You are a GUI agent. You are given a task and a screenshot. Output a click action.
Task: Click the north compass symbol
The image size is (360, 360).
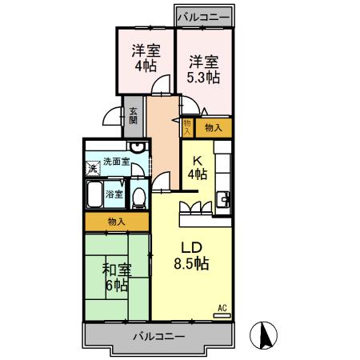tap(263, 335)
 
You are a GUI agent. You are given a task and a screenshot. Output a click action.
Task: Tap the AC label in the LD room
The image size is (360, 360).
tap(222, 308)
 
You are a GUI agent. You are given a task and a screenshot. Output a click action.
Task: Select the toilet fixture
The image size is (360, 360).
tap(139, 198)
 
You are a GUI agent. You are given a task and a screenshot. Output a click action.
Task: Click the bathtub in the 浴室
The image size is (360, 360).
tap(94, 194)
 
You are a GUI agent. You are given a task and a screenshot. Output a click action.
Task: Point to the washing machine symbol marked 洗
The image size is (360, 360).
tap(93, 168)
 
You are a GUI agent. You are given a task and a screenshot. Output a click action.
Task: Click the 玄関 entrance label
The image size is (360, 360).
tap(133, 116)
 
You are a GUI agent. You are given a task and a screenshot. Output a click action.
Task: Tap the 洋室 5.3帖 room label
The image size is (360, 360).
tap(203, 70)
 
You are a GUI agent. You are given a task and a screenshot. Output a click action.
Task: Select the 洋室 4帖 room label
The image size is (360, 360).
tap(146, 58)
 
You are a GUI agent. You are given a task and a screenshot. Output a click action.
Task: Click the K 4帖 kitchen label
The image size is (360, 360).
tap(198, 168)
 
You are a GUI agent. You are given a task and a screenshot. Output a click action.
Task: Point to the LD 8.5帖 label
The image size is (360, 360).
tap(191, 256)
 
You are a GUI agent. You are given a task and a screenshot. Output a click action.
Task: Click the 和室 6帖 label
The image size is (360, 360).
tap(117, 278)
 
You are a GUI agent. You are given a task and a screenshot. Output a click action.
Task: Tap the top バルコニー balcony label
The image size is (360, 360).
tap(203, 18)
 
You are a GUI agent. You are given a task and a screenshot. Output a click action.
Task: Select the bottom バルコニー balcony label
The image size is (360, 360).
tap(159, 336)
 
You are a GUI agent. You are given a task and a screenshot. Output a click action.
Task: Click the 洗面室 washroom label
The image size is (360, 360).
tap(116, 162)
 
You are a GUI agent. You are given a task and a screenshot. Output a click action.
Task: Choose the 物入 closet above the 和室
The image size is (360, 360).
tap(117, 222)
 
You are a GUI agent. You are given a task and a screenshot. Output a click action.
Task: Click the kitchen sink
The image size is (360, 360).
tap(223, 199)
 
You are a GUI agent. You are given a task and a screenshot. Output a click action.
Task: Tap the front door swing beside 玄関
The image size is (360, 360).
tap(112, 116)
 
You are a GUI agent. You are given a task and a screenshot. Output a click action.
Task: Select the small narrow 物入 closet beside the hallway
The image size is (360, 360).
tap(187, 127)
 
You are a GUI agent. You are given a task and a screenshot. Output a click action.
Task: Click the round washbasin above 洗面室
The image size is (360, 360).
tap(138, 147)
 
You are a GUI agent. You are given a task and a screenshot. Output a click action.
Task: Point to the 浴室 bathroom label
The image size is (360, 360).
tap(114, 194)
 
